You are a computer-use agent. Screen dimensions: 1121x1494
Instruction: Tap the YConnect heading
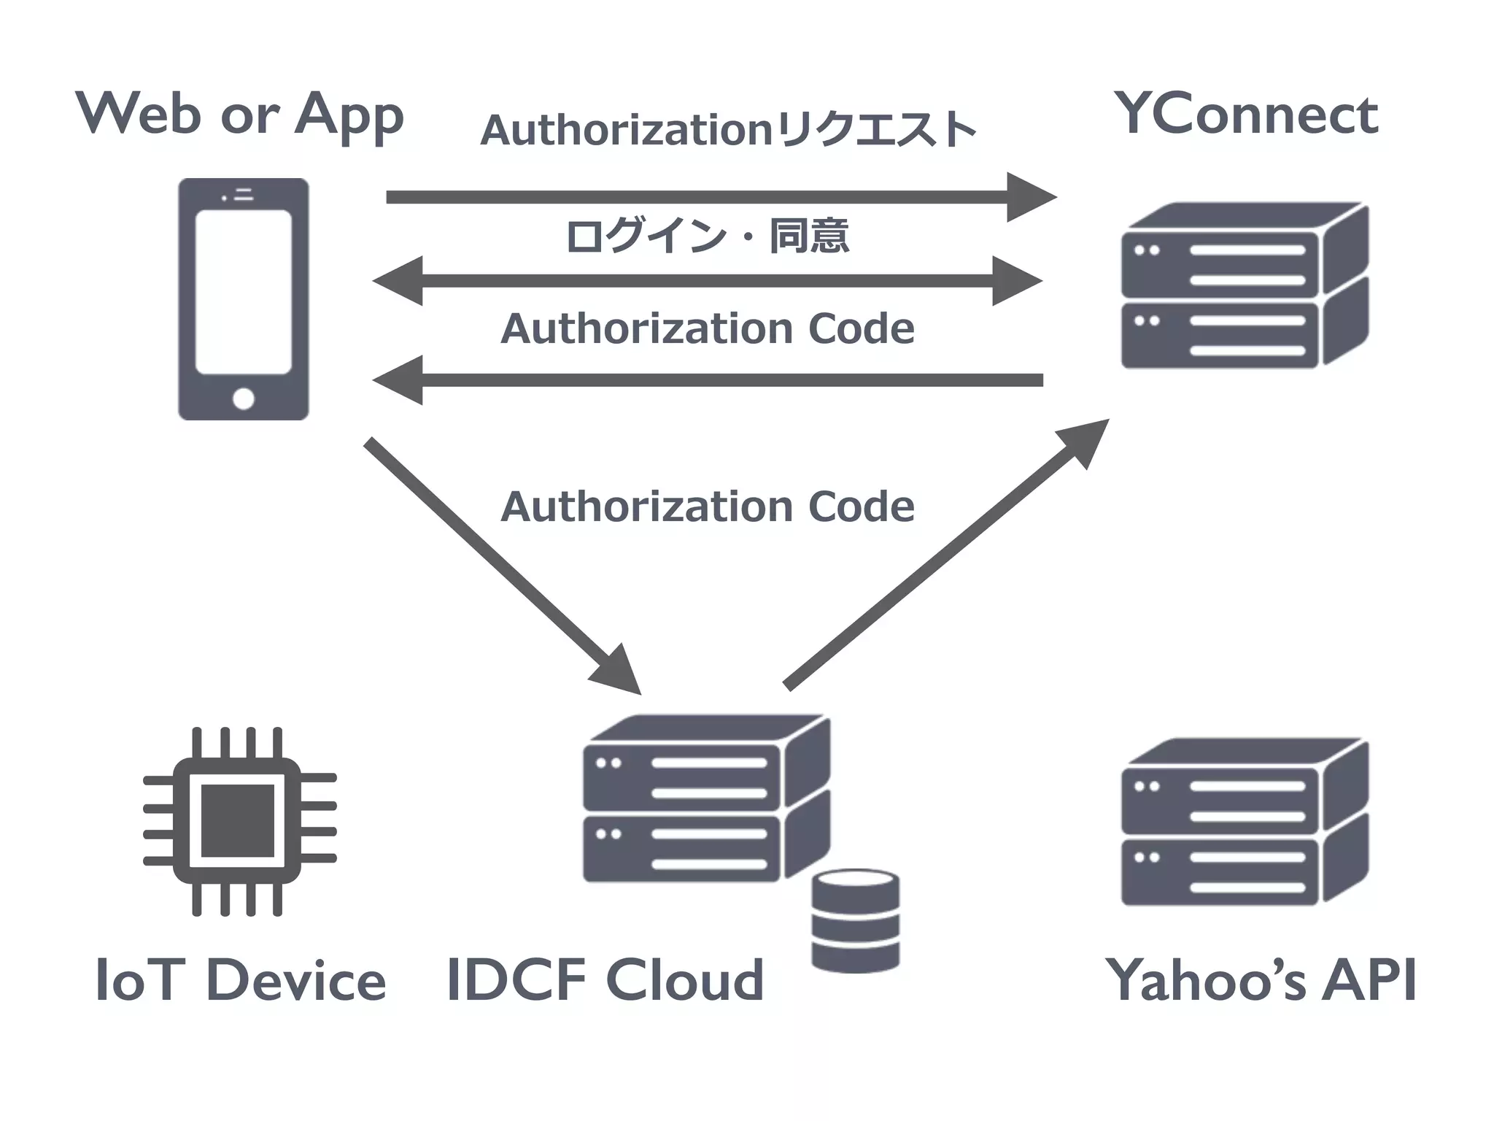tap(1245, 115)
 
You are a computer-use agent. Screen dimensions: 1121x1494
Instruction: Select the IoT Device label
tap(241, 980)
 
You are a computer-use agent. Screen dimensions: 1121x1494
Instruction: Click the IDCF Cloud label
tap(605, 980)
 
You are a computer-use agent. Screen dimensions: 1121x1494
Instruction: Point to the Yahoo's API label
tap(1261, 980)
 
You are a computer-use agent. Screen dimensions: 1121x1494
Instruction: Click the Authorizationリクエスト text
tap(728, 130)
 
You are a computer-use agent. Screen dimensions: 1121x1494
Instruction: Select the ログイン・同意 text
tap(708, 236)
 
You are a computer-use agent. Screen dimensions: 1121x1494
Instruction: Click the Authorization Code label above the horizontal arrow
tap(708, 328)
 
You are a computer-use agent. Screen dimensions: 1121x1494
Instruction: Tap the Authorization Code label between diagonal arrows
tap(708, 506)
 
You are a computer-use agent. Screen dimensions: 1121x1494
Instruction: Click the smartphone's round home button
tap(243, 398)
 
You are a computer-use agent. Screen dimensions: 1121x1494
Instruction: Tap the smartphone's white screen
tap(243, 292)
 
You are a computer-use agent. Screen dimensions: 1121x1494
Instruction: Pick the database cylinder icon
tap(855, 921)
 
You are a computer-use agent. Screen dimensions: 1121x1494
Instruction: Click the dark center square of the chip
tap(237, 821)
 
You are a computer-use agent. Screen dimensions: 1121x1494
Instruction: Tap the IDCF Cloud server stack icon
tap(705, 799)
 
